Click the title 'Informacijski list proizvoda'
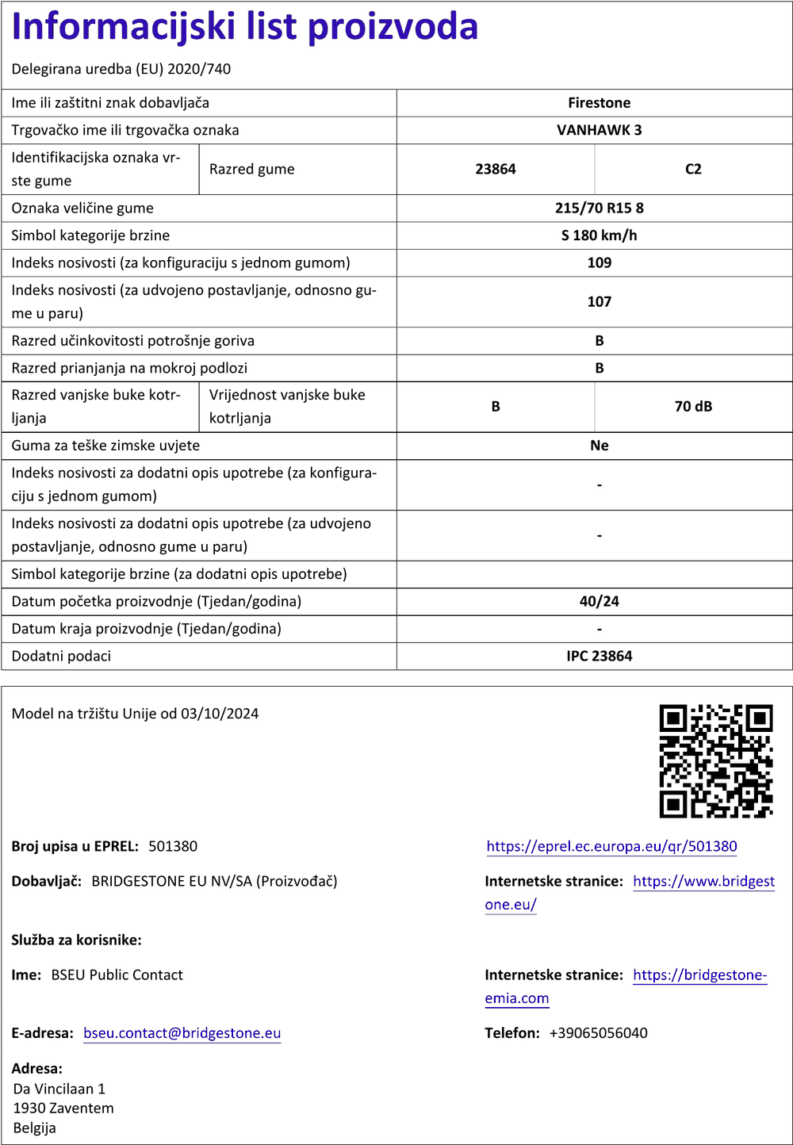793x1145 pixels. (245, 27)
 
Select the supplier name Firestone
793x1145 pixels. (599, 103)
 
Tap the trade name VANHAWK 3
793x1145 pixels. (599, 130)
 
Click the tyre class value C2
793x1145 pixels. (693, 169)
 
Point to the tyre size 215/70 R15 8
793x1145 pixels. (599, 208)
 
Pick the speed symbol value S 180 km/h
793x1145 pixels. (599, 236)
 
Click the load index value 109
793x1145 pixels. (599, 262)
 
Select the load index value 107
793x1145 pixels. (599, 301)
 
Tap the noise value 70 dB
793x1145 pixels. (693, 406)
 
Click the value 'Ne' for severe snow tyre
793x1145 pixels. (599, 446)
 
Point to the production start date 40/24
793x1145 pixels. (599, 601)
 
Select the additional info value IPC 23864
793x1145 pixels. (599, 656)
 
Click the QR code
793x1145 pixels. (716, 761)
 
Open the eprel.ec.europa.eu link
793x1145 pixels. (611, 846)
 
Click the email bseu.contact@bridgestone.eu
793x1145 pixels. (182, 1032)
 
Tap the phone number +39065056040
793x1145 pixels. (598, 1032)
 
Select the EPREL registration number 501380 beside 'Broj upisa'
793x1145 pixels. (173, 846)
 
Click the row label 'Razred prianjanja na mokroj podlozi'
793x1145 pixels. (129, 368)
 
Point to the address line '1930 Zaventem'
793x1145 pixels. (63, 1108)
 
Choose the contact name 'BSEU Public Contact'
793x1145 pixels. (117, 975)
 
